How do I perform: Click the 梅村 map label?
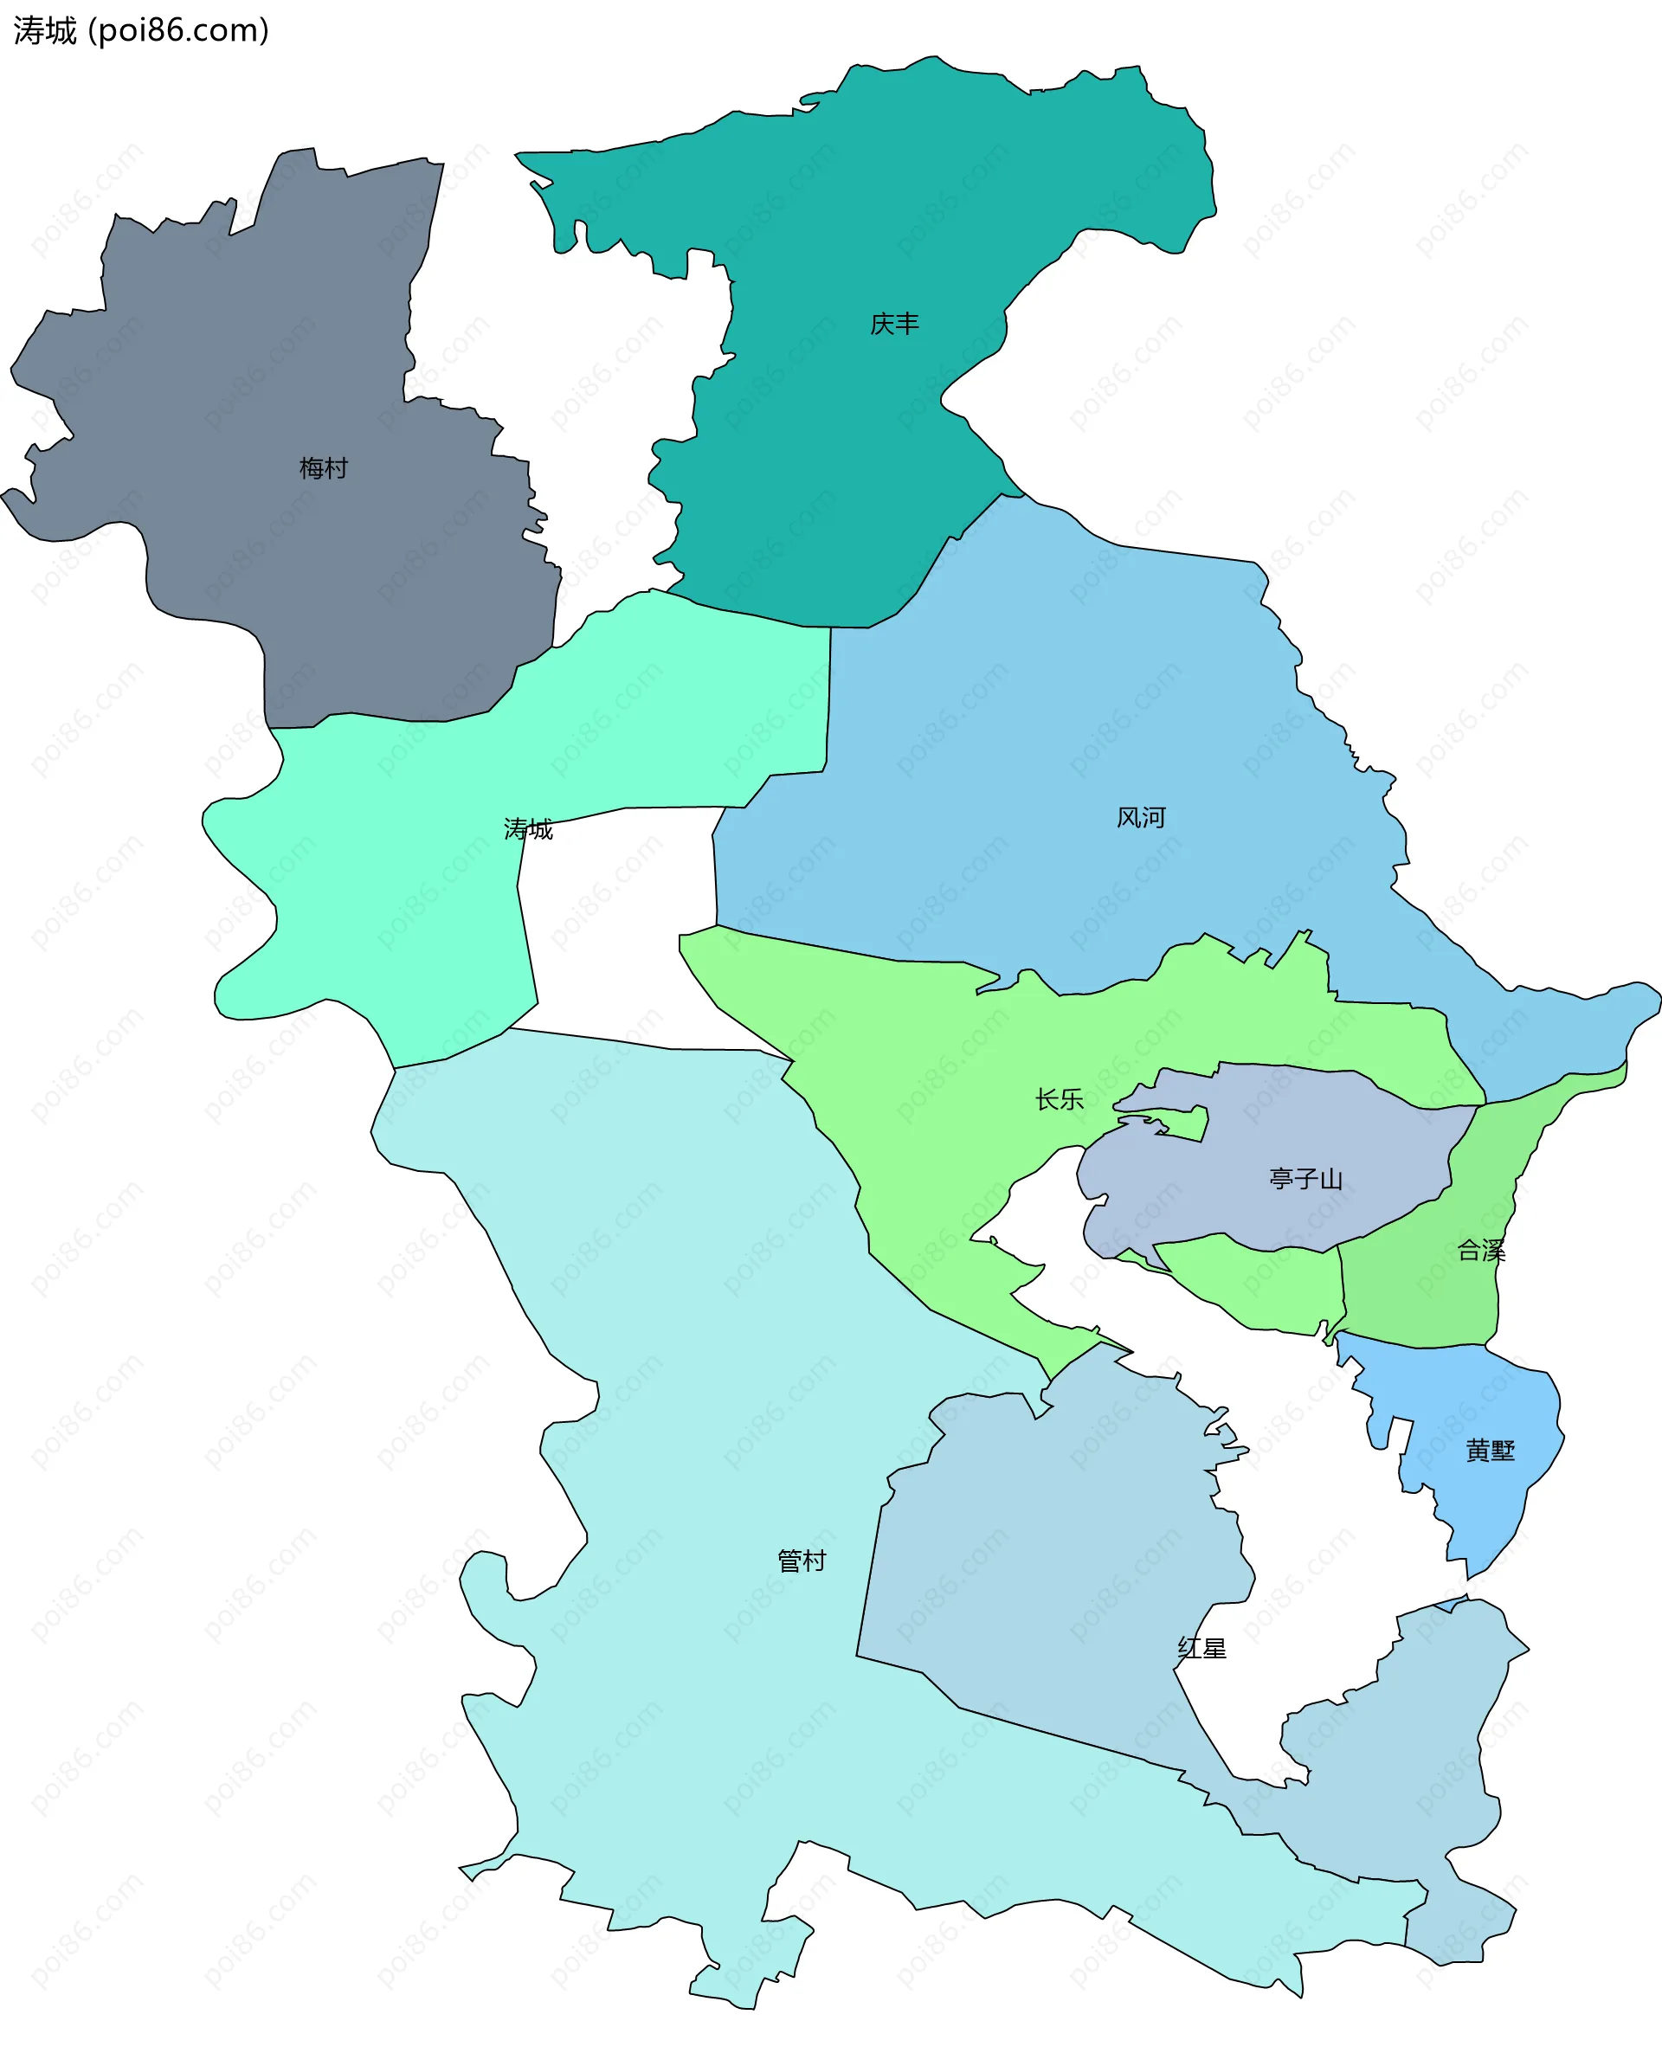click(323, 468)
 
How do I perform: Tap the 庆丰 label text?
click(894, 324)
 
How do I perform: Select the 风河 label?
click(1141, 817)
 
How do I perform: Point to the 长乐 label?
click(1060, 1099)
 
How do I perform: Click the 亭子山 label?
click(1305, 1179)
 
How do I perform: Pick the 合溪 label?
click(1481, 1251)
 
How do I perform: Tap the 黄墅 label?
click(1491, 1451)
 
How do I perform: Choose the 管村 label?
click(802, 1561)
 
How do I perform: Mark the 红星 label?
click(1202, 1648)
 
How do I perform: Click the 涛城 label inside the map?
click(528, 829)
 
